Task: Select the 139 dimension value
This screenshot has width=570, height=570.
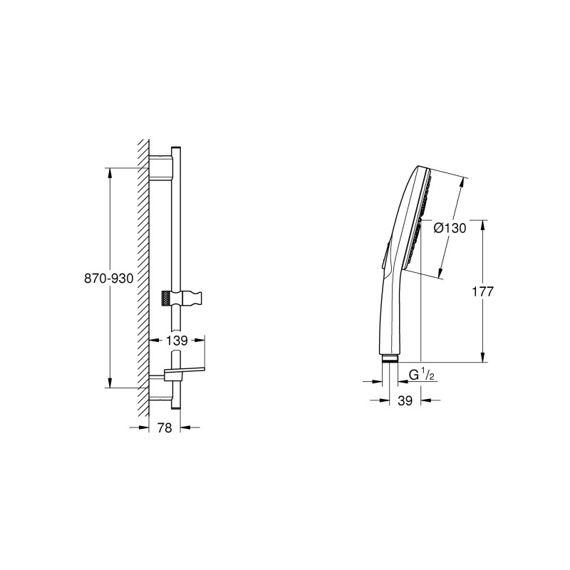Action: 177,341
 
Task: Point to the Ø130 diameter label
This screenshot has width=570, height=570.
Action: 450,229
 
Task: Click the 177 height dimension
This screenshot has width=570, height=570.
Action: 482,291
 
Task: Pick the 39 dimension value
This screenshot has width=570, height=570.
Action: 405,401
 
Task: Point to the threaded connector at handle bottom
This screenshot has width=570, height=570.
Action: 390,358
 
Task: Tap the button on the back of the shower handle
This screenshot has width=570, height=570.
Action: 384,257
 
